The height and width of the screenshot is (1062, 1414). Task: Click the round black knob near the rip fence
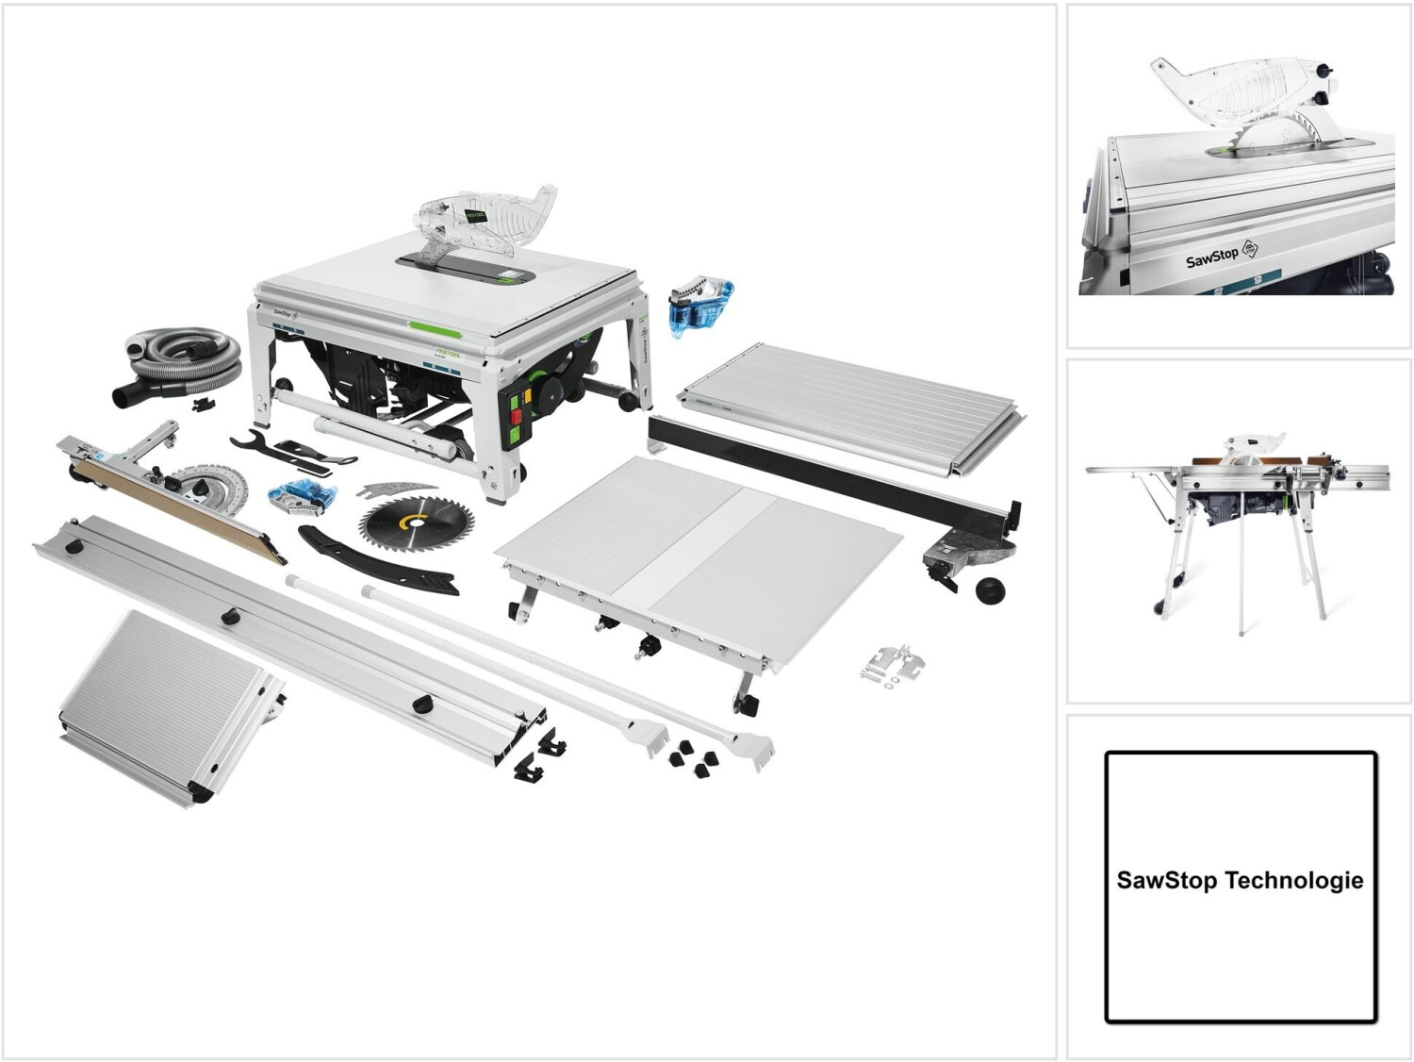tap(990, 590)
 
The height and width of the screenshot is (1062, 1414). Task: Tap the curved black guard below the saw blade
tap(377, 562)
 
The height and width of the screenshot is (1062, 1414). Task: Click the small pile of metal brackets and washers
tap(894, 664)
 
